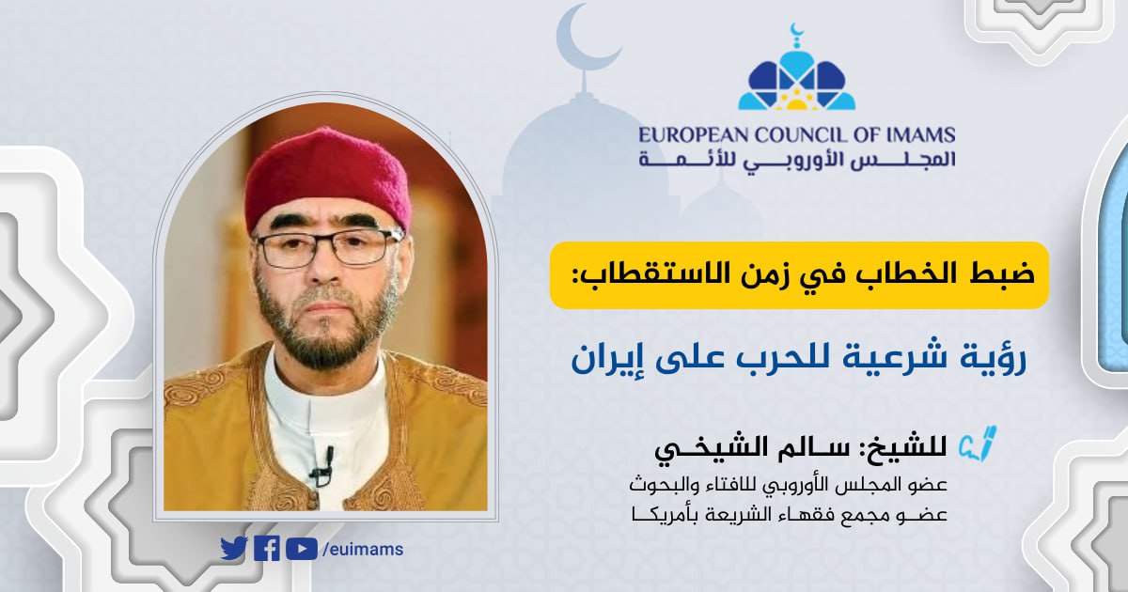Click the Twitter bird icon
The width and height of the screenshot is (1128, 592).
click(x=233, y=548)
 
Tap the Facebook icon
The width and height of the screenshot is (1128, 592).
click(x=267, y=548)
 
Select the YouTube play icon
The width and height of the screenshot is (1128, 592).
click(x=301, y=548)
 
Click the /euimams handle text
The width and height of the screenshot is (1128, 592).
click(x=363, y=549)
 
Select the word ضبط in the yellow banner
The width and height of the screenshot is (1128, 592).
click(x=995, y=275)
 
